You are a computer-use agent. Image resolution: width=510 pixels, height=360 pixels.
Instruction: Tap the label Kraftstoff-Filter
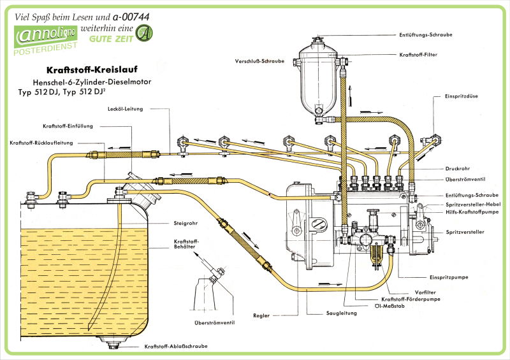(418, 55)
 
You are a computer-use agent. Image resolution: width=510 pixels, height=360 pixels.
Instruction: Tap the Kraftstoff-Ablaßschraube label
(176, 346)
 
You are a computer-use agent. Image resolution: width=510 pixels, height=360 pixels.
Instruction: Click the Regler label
(261, 315)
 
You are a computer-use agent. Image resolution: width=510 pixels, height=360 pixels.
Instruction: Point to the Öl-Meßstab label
(395, 306)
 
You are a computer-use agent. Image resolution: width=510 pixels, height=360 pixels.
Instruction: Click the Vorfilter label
(416, 292)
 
